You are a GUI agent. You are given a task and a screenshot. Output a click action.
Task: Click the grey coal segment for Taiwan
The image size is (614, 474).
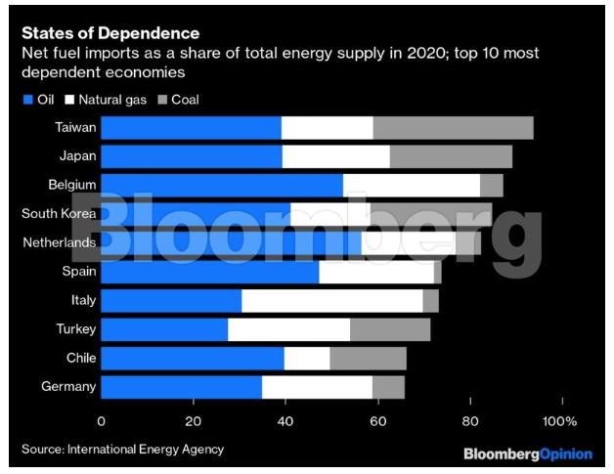click(x=453, y=129)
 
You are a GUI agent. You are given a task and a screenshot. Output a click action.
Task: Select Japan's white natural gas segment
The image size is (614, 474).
click(x=335, y=156)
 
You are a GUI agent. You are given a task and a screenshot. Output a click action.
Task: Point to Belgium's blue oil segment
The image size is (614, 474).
click(x=222, y=186)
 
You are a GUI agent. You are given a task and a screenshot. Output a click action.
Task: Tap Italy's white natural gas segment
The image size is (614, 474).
click(x=331, y=300)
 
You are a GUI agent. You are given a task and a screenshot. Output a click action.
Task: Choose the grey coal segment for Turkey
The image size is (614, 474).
click(x=390, y=329)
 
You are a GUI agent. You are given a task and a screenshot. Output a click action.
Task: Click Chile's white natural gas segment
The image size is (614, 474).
click(x=307, y=359)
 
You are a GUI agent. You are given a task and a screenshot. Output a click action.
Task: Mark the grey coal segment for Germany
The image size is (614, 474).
click(x=388, y=387)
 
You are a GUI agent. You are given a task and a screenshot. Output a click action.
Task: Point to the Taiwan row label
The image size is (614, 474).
click(x=74, y=128)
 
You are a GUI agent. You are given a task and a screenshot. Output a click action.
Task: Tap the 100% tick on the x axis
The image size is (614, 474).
click(x=559, y=421)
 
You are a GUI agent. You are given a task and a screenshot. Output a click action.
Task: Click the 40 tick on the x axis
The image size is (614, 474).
click(x=286, y=421)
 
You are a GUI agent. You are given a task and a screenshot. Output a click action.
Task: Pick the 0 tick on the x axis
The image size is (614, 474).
click(x=102, y=421)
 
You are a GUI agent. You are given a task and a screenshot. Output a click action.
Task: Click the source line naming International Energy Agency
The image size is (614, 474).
click(x=123, y=450)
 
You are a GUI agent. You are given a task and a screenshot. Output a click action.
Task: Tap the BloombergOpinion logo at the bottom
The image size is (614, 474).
click(x=527, y=454)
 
